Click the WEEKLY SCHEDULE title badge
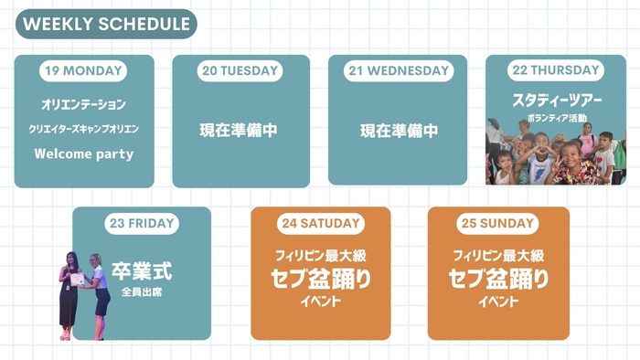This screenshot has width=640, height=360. [105, 24]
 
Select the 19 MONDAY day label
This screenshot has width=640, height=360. [83, 70]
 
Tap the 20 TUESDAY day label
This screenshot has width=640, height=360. [240, 70]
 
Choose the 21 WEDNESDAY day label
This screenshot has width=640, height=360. [398, 70]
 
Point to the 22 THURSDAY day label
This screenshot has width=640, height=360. [556, 70]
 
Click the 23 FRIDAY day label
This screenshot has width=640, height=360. [141, 223]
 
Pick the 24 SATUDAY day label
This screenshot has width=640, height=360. [321, 223]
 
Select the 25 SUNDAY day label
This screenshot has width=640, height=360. [498, 223]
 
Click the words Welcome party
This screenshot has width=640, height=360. [83, 154]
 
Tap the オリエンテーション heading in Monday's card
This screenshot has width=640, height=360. [83, 105]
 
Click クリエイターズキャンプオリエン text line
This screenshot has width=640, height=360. [83, 129]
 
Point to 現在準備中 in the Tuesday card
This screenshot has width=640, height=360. [239, 131]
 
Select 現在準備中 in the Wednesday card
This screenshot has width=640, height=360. [399, 131]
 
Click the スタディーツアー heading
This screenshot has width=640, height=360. [556, 98]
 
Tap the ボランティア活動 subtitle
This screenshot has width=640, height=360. [556, 117]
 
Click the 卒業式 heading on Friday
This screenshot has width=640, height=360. [142, 270]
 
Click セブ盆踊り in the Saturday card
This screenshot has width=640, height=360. [321, 279]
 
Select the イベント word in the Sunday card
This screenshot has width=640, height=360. [498, 300]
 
